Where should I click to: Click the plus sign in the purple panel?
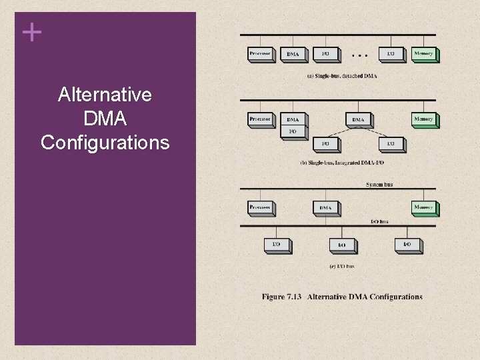coord(31,32)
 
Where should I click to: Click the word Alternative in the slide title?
coord(105,95)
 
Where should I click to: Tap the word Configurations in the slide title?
coord(105,143)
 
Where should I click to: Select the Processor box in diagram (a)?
coord(260,53)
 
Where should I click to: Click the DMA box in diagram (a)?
coord(293,54)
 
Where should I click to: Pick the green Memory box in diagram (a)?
coord(423,53)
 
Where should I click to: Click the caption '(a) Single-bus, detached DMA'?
coord(341,76)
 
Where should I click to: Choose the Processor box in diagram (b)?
coord(260,119)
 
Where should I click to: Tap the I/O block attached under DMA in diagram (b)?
coord(293,131)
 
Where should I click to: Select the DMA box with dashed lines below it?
coord(359,120)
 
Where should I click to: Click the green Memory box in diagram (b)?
coord(423,119)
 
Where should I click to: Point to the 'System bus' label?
coord(379,184)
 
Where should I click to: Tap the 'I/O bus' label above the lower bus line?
coord(379,221)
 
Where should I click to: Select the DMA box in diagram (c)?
coord(325,208)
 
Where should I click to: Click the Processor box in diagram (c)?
coord(260,207)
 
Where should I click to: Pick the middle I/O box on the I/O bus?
coord(341,245)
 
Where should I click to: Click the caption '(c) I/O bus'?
coord(341,267)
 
